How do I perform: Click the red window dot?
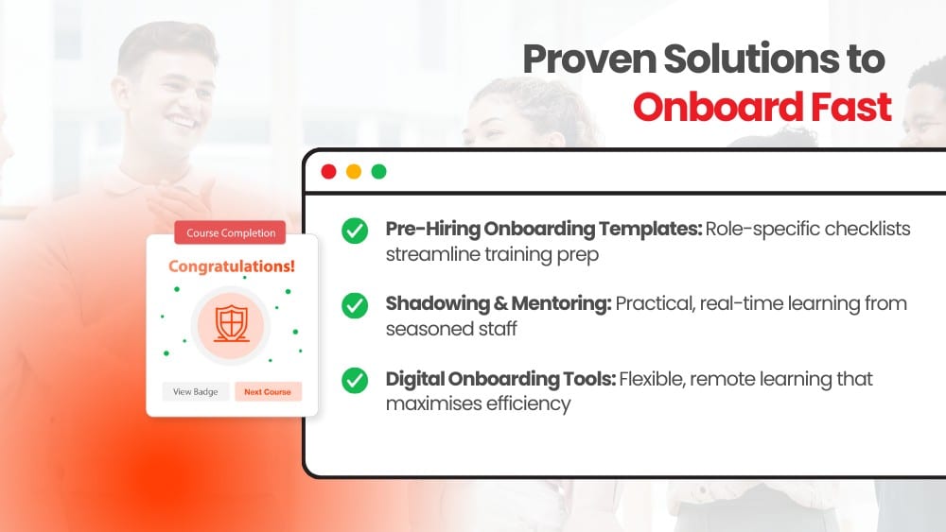tap(329, 172)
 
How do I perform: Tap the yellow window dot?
tap(354, 172)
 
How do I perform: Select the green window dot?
tap(379, 172)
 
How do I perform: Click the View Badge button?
tap(196, 391)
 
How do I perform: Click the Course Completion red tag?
tap(231, 232)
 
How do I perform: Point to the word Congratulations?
tap(232, 266)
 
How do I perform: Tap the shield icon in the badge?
tap(232, 323)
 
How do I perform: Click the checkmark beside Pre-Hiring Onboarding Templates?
tap(355, 231)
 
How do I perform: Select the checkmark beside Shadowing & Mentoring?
tap(355, 305)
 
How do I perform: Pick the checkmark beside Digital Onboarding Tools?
tap(355, 380)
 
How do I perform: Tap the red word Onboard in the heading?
tap(718, 107)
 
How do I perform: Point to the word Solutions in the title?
tap(752, 59)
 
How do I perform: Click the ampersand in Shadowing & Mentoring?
tap(500, 303)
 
